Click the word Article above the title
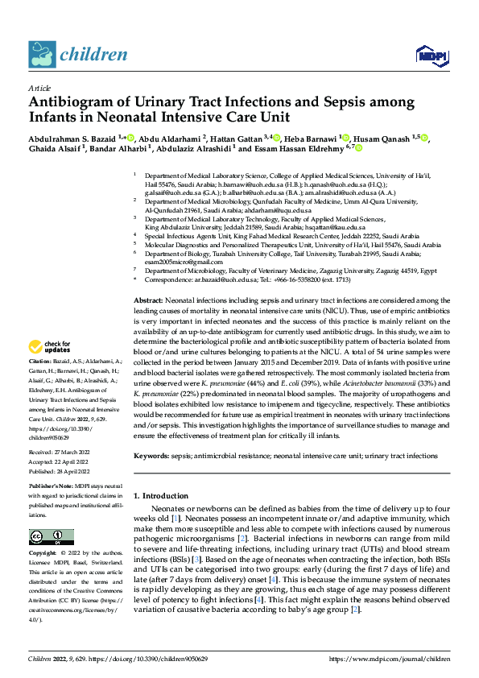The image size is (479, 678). [39, 88]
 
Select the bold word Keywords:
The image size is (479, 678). [151, 456]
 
